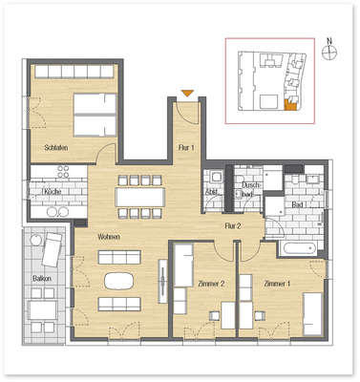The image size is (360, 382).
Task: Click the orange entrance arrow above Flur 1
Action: [188, 92]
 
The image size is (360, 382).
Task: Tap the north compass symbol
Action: [329, 53]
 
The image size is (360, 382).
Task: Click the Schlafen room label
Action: [56, 148]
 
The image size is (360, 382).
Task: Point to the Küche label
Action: [53, 192]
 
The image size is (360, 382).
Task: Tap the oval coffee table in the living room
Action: [120, 281]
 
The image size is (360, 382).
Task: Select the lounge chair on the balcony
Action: [48, 250]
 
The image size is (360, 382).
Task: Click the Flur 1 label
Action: [187, 148]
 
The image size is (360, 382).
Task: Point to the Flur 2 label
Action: [233, 225]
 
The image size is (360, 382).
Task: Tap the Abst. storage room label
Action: [211, 191]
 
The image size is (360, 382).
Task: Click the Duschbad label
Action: [251, 189]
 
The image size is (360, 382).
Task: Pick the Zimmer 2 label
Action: [209, 284]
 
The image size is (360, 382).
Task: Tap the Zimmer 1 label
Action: [277, 284]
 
